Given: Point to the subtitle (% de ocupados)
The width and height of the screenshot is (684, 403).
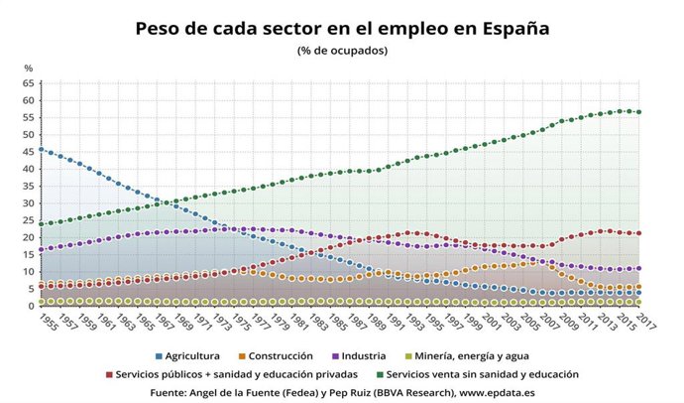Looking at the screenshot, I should (342, 50).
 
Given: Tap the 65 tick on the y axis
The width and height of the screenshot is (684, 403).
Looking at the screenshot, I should (28, 83).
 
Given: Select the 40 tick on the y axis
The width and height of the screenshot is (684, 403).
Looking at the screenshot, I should (28, 169).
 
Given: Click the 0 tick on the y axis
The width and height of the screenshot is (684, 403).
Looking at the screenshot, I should (31, 306).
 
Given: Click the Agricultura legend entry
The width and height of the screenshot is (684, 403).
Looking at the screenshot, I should (188, 354).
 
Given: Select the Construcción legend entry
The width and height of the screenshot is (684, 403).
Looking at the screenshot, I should (282, 354).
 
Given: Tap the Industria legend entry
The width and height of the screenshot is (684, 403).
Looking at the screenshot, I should (373, 354).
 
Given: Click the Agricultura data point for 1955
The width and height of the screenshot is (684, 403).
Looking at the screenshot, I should (41, 150).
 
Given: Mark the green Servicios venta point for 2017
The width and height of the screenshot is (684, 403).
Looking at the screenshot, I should (638, 112).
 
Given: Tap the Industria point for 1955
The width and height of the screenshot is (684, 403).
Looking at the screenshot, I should (41, 249).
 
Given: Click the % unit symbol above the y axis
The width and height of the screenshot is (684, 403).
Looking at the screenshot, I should (29, 67).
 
